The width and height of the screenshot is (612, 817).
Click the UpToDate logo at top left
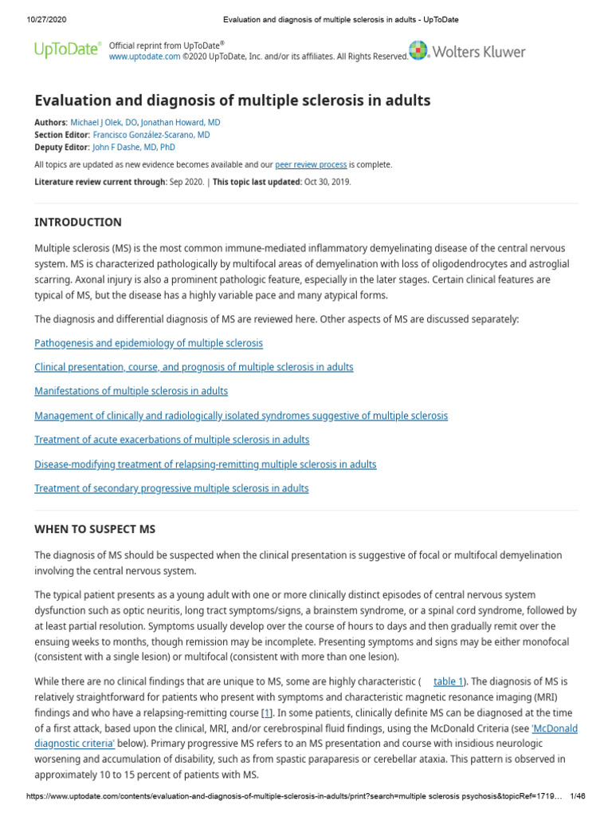(x=68, y=50)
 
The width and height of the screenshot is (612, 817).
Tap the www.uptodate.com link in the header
(x=139, y=57)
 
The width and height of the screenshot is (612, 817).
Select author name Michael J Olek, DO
(x=104, y=123)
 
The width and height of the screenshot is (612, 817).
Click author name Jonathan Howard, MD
(x=181, y=123)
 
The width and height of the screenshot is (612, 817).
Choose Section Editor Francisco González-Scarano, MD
(x=151, y=135)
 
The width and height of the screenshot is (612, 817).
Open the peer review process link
(x=311, y=164)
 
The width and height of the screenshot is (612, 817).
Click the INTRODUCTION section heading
(x=78, y=223)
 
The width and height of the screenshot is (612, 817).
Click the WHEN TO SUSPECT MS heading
(x=95, y=529)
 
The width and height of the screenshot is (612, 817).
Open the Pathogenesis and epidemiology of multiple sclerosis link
(x=148, y=343)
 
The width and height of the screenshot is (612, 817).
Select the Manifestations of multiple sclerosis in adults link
(x=131, y=391)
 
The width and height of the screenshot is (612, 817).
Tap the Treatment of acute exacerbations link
(x=171, y=440)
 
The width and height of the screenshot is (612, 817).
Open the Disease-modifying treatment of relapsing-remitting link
(x=205, y=464)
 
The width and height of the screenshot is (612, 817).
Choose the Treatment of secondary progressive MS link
(x=171, y=488)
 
